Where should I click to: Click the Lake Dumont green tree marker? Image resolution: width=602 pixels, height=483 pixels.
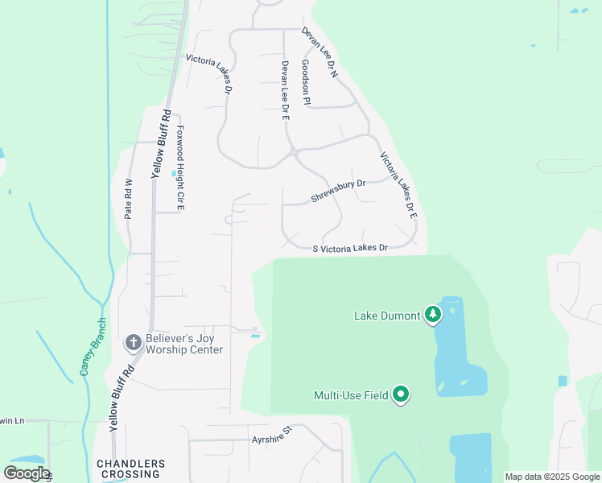tap(433, 314)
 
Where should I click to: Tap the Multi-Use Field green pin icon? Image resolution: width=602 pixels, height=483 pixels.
tap(401, 394)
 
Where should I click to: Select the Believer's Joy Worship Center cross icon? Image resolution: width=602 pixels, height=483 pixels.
tap(134, 343)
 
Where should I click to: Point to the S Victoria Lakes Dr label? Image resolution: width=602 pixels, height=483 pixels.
tap(350, 248)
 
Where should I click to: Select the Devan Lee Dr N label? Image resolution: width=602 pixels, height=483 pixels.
tap(321, 53)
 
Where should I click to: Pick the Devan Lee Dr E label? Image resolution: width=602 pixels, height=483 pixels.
tap(284, 90)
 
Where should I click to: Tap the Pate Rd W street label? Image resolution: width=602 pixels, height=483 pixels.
tap(128, 199)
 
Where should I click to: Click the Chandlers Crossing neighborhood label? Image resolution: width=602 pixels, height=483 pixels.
tap(130, 469)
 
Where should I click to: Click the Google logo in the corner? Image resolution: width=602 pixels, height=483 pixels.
tap(27, 473)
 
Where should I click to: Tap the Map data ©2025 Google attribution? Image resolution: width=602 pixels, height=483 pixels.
tap(552, 477)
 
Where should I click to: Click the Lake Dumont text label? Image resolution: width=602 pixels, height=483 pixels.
tap(387, 316)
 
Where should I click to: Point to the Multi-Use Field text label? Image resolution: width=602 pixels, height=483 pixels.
tap(351, 395)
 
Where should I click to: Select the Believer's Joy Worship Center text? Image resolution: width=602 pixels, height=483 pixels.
tap(183, 345)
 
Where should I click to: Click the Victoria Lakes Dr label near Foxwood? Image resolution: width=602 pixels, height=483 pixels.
tap(208, 73)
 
